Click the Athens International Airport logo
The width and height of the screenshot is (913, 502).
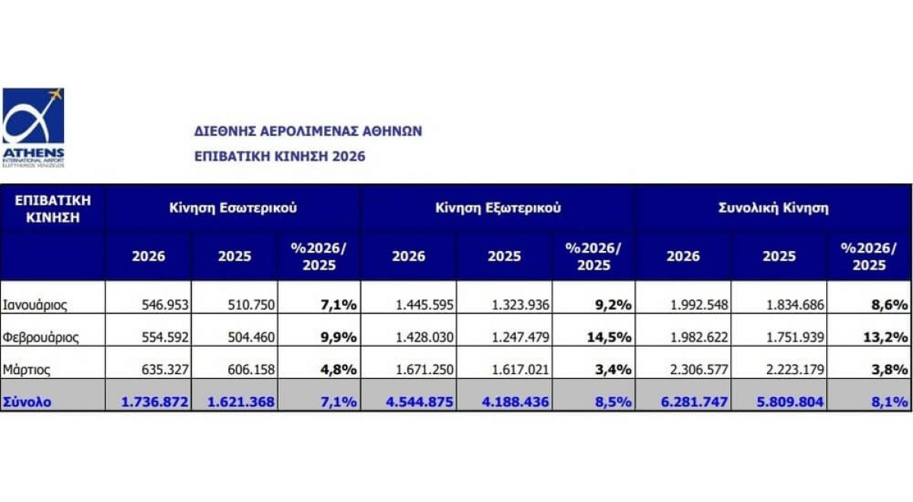[x=33, y=125]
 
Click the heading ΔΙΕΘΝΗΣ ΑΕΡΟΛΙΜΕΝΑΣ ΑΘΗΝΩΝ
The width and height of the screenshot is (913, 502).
[x=308, y=131]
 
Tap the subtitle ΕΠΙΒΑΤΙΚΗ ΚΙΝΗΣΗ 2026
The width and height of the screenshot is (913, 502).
[x=280, y=156]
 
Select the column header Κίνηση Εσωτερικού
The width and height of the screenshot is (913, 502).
[x=233, y=207]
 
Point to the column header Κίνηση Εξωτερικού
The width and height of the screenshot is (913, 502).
[x=498, y=207]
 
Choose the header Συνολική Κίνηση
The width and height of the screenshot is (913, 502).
[x=774, y=207]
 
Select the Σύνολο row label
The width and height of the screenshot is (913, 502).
[x=27, y=402]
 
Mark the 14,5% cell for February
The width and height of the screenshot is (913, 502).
[x=611, y=336]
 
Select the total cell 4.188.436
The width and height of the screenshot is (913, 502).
[x=517, y=402]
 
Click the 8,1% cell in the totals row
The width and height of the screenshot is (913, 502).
[x=889, y=402]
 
